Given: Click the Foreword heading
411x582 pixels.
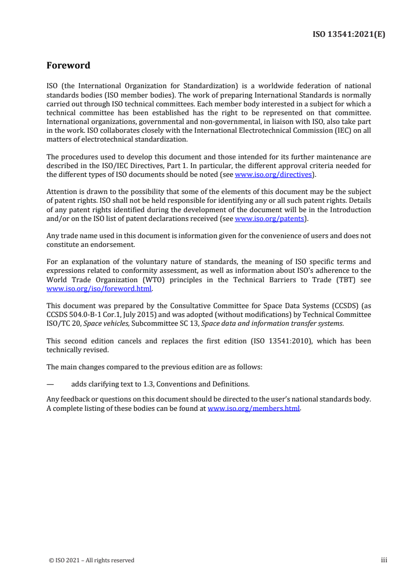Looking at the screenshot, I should pos(68,65).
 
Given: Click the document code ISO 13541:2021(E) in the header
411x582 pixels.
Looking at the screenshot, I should pos(350,35).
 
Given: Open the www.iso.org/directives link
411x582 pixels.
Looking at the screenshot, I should pos(273,175).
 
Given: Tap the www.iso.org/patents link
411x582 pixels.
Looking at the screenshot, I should pos(269,219).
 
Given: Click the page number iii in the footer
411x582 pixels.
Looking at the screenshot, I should pos(384,560).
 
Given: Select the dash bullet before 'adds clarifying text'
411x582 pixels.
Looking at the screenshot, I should pos(50,385).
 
